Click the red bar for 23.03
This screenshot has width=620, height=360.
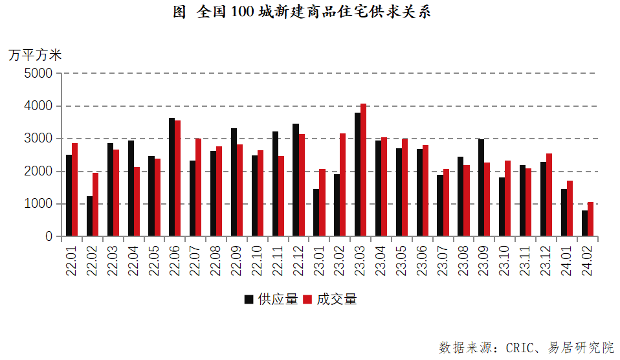pyautogui.click(x=363, y=170)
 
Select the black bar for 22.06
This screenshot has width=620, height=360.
pyautogui.click(x=172, y=177)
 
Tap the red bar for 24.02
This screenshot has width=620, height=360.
pyautogui.click(x=590, y=219)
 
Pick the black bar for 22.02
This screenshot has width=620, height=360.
pyautogui.click(x=90, y=216)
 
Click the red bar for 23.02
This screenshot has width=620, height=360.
pyautogui.click(x=342, y=185)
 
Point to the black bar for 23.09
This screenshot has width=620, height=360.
pyautogui.click(x=482, y=188)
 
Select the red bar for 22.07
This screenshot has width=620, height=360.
pyautogui.click(x=198, y=188)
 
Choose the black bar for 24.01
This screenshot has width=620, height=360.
pyautogui.click(x=564, y=213)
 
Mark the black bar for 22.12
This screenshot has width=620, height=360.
pyautogui.click(x=296, y=180)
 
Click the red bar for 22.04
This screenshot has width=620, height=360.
pyautogui.click(x=137, y=202)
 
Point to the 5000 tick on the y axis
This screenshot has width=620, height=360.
pyautogui.click(x=59, y=73)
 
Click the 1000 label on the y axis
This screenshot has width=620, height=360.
pyautogui.click(x=38, y=204)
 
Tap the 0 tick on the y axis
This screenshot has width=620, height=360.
pyautogui.click(x=59, y=236)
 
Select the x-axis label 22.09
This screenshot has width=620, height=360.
pyautogui.click(x=236, y=261)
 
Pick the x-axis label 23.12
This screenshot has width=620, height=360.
pyautogui.click(x=546, y=261)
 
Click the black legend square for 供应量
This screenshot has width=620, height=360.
pyautogui.click(x=249, y=300)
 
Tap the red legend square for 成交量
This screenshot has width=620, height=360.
pyautogui.click(x=307, y=300)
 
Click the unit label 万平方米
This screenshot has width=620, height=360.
pyautogui.click(x=35, y=55)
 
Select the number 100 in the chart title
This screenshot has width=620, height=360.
pyautogui.click(x=243, y=12)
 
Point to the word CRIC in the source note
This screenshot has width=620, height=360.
pyautogui.click(x=519, y=348)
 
